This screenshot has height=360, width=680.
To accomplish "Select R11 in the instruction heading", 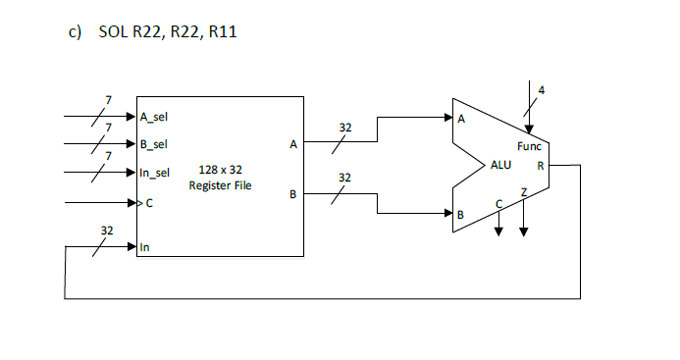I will click(222, 33).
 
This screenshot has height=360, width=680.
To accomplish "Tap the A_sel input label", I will click(154, 116).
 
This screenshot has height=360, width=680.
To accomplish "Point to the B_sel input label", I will click(154, 144).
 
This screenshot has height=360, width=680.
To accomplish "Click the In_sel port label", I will click(155, 174).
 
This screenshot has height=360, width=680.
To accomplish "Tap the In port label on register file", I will click(145, 247).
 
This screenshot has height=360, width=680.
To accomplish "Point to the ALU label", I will click(500, 166).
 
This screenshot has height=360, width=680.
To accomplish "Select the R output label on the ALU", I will click(540, 166).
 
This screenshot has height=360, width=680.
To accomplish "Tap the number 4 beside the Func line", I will click(541, 90).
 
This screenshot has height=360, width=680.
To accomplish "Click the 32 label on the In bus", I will click(107, 230).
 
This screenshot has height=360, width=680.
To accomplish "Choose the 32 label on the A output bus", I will click(344, 128).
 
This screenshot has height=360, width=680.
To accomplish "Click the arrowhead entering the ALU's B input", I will click(447, 212).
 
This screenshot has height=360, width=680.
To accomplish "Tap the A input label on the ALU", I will click(461, 120).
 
